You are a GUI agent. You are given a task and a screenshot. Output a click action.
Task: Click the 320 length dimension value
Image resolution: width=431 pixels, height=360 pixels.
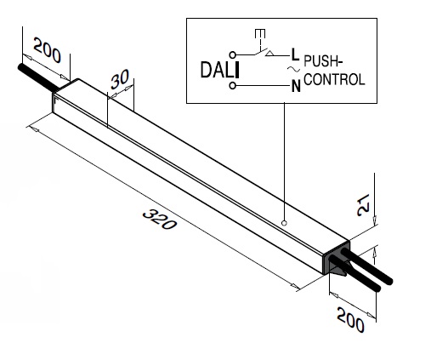pyautogui.click(x=160, y=219)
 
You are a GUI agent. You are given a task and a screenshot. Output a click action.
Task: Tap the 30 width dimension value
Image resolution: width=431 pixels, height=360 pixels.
pyautogui.click(x=120, y=78)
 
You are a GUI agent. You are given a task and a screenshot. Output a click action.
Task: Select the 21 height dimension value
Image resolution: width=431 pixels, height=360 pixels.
pyautogui.click(x=363, y=205)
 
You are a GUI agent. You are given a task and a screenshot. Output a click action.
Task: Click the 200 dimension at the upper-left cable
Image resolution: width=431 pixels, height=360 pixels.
pyautogui.click(x=47, y=50)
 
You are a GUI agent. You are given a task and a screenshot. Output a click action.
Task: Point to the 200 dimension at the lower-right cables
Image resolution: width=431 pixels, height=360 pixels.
pyautogui.click(x=350, y=320)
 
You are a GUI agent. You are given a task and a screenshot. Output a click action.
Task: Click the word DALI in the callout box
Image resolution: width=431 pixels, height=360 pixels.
pyautogui.click(x=220, y=70)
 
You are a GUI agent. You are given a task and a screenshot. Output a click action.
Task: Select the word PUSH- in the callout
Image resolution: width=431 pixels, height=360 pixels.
pyautogui.click(x=323, y=61)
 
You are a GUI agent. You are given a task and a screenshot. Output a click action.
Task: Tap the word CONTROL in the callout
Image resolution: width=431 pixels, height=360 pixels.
pyautogui.click(x=334, y=79)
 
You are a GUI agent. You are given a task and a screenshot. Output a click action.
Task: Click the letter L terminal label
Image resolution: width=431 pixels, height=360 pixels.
pyautogui.click(x=295, y=54)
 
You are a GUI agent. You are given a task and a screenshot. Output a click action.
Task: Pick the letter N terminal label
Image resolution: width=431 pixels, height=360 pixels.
pyautogui.click(x=296, y=86)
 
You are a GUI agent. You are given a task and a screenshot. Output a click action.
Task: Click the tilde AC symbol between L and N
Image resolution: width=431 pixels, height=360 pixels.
pyautogui.click(x=294, y=69)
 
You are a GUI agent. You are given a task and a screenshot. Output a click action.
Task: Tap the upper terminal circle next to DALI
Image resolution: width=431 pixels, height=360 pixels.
pyautogui.click(x=232, y=54)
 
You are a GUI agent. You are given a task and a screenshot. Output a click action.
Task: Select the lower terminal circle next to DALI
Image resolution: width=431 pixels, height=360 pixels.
pyautogui.click(x=232, y=86)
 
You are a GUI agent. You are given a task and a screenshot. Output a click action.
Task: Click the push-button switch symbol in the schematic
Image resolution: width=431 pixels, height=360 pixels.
pyautogui.click(x=260, y=43)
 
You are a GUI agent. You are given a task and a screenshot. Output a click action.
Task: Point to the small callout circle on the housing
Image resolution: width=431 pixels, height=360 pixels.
pyautogui.click(x=284, y=223)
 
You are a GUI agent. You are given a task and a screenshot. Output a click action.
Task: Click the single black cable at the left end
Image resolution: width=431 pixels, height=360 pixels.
pyautogui.click(x=38, y=77)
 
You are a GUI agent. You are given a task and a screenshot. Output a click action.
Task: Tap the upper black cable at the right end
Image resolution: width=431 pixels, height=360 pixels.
pyautogui.click(x=367, y=266)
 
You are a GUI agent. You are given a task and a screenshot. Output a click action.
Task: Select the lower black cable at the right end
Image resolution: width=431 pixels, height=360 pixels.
pyautogui.click(x=354, y=273)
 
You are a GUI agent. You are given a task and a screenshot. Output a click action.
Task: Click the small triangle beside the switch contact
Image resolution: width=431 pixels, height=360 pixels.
pyautogui.click(x=270, y=54)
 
